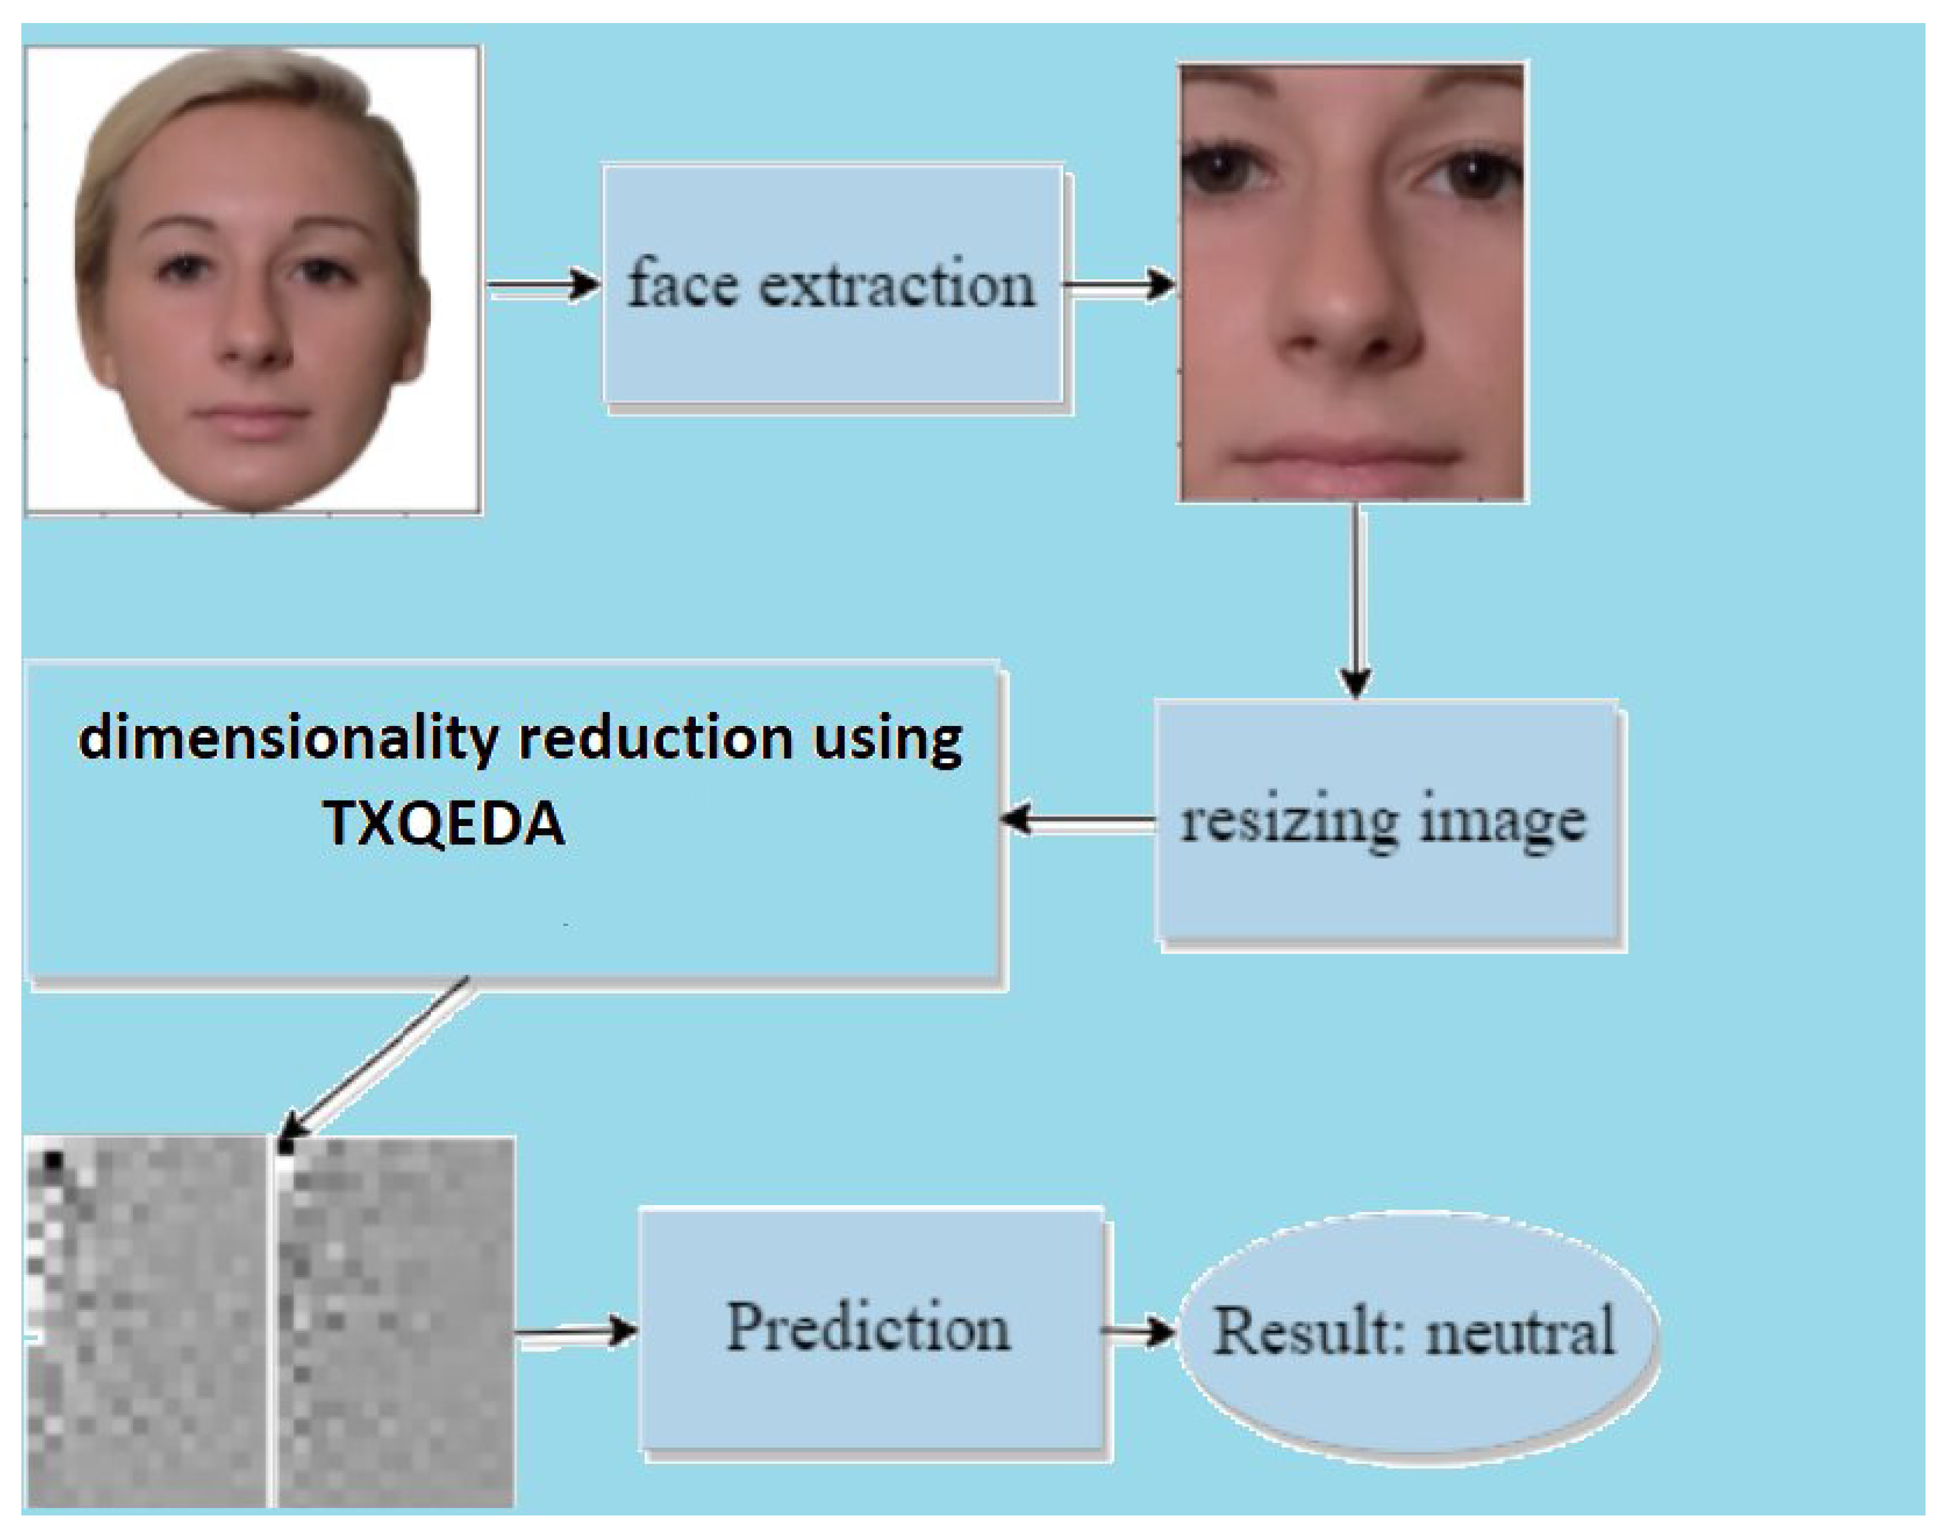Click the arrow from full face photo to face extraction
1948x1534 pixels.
(543, 285)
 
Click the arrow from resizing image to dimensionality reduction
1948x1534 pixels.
(1078, 819)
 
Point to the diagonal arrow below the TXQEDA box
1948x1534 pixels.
(377, 1060)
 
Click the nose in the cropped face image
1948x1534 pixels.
(1347, 305)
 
